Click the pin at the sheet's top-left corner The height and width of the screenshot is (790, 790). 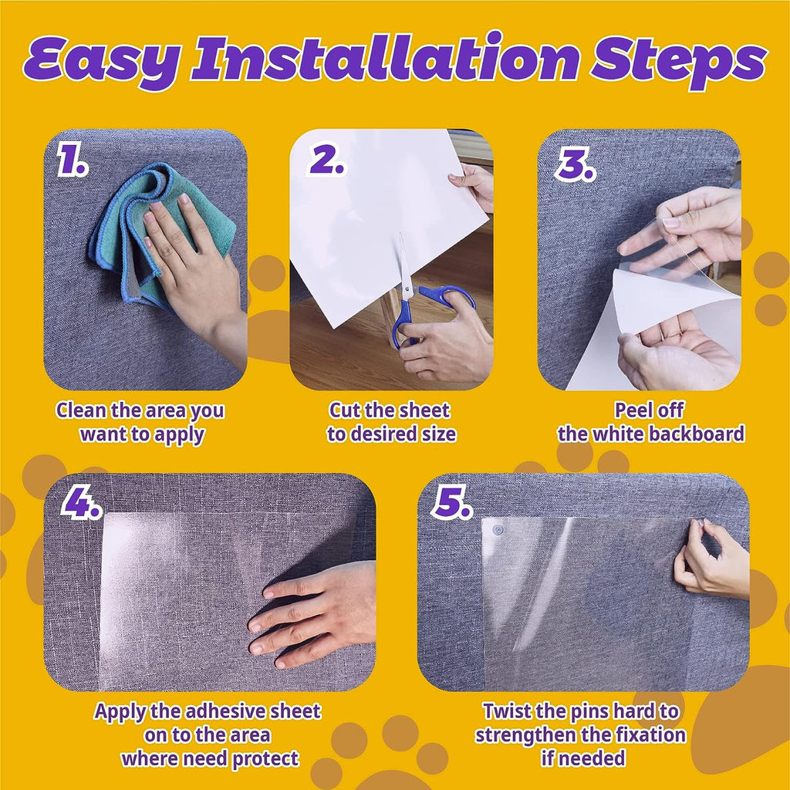pos(498,530)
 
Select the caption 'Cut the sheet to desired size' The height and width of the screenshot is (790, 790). pos(391,422)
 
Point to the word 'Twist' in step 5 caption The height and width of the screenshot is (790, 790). pos(509,711)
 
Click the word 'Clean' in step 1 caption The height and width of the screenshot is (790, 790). pos(82,410)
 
